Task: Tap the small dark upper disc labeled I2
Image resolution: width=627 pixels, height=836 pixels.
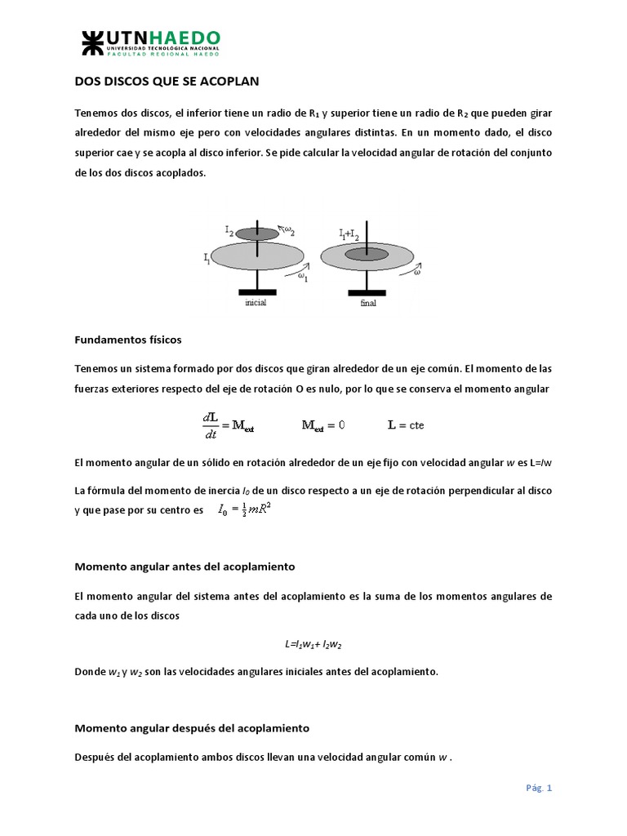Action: pyautogui.click(x=256, y=233)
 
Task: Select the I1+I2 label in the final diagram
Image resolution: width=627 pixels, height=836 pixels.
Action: pyautogui.click(x=351, y=234)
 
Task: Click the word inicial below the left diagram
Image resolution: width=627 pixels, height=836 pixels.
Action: pyautogui.click(x=256, y=302)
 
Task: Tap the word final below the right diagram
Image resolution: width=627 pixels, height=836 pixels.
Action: pyautogui.click(x=367, y=303)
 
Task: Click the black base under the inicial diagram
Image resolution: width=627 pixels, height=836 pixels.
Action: pyautogui.click(x=256, y=291)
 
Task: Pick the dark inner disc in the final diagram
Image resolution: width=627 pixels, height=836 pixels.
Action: pyautogui.click(x=366, y=255)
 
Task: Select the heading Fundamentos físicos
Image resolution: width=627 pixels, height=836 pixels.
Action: pyautogui.click(x=127, y=338)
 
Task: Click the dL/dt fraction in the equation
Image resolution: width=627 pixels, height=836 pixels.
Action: pyautogui.click(x=210, y=425)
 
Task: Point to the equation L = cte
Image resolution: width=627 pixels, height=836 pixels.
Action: pyautogui.click(x=406, y=425)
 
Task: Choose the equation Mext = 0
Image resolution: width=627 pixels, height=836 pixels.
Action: pyautogui.click(x=324, y=425)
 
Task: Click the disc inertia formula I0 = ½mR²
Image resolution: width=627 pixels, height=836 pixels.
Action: pyautogui.click(x=244, y=510)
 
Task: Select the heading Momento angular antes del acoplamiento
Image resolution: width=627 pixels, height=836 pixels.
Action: pyautogui.click(x=185, y=566)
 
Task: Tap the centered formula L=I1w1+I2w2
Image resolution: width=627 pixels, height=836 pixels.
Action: pyautogui.click(x=313, y=644)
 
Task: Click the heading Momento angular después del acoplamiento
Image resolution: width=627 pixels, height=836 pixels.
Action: pyautogui.click(x=192, y=727)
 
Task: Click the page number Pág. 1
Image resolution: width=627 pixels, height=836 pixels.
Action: pyautogui.click(x=539, y=788)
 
